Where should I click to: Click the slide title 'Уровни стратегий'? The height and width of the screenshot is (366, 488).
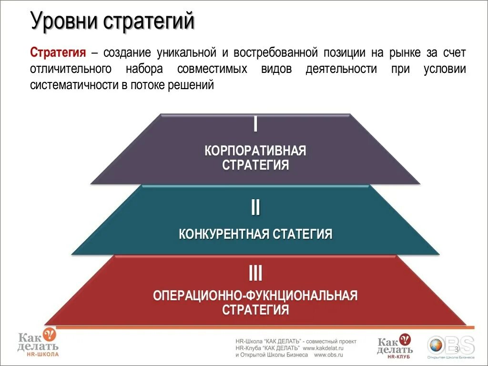point(112,22)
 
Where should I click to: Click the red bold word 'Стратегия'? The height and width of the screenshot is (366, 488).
point(58,52)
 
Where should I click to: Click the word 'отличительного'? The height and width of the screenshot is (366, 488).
point(71,69)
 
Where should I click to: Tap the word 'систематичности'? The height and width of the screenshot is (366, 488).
point(71,85)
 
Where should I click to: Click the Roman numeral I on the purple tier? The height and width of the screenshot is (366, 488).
point(255,124)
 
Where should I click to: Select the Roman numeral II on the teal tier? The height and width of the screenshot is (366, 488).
point(255,208)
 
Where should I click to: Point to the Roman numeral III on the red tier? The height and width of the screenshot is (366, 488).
point(255,274)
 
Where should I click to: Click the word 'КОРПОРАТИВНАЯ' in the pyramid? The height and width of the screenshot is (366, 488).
point(255,152)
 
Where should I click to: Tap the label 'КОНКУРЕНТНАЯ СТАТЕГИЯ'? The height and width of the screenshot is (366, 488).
point(255,234)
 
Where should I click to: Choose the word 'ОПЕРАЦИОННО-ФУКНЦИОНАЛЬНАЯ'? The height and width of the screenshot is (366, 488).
point(255,295)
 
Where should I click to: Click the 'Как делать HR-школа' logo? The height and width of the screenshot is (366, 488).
point(38,343)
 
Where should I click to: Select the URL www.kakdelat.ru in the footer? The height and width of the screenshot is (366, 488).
point(323,348)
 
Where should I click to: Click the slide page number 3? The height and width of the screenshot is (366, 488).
point(457,350)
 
